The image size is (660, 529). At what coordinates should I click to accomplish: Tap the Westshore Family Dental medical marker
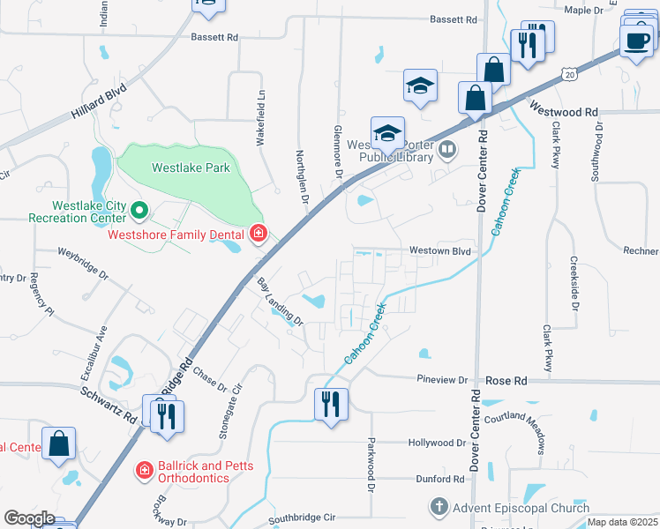(259, 234)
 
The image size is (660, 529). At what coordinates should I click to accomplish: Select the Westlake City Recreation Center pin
(139, 210)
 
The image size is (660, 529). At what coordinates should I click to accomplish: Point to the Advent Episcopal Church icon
(439, 507)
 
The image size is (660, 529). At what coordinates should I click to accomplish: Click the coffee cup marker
(636, 40)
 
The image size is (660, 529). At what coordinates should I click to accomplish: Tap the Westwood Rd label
(565, 112)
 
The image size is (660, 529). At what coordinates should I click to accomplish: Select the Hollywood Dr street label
(437, 443)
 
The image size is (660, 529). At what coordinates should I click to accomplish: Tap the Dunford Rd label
(441, 479)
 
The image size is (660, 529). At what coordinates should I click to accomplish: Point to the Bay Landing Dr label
(280, 302)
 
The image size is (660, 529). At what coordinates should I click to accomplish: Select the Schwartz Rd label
(111, 405)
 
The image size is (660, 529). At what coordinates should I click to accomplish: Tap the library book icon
(448, 150)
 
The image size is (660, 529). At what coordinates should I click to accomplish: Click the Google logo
(29, 518)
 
